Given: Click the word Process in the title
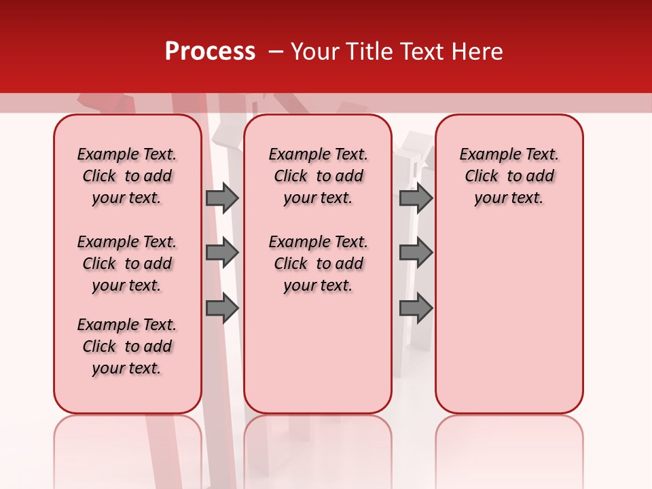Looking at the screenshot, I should [x=210, y=52].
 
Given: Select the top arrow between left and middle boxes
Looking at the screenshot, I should [x=222, y=198].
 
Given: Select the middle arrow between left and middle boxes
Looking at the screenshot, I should [x=222, y=253].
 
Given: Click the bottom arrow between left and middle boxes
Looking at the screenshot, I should [x=222, y=308].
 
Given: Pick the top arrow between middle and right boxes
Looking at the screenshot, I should [x=416, y=198].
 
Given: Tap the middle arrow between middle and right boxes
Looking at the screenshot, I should [x=416, y=253].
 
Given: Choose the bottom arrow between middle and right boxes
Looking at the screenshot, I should [x=416, y=308].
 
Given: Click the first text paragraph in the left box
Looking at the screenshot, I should [x=127, y=176].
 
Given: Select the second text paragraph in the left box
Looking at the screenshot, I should [x=127, y=264].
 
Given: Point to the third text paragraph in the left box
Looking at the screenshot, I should [x=127, y=346].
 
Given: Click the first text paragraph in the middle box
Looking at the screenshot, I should [x=318, y=176].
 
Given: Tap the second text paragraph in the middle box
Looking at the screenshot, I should [x=318, y=264].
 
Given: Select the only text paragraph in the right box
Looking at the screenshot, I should [x=509, y=176].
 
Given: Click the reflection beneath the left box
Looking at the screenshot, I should [x=128, y=448].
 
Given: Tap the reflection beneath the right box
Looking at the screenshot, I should [x=509, y=448].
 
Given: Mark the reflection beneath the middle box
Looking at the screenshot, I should [x=318, y=448].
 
